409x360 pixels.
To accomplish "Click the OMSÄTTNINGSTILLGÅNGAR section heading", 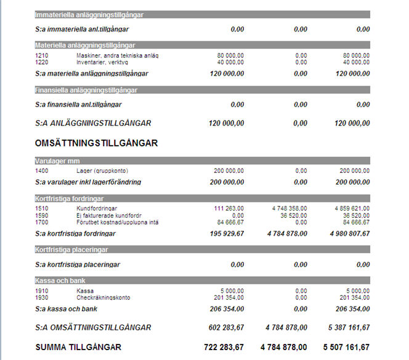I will [x=97, y=143].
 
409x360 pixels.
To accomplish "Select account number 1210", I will [x=42, y=55].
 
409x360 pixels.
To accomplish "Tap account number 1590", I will [x=42, y=215].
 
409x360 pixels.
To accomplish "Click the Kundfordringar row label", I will [x=97, y=209].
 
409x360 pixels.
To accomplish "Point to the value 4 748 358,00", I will [x=285, y=209].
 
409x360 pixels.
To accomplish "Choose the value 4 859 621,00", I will [x=349, y=209].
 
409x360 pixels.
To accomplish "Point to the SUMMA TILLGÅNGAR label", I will [x=78, y=348].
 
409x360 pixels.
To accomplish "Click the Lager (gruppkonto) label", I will [x=102, y=170].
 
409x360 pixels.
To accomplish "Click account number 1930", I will [x=42, y=298].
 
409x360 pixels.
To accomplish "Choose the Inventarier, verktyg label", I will [x=102, y=62].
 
